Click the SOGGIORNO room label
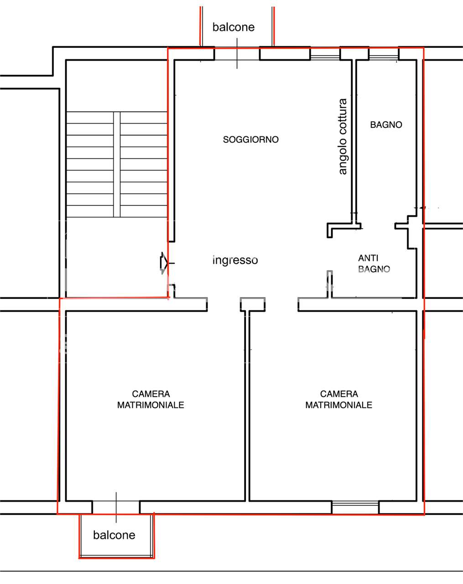[251, 140]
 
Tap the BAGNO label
[386, 125]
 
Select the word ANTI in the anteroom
[368, 258]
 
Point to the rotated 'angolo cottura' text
[343, 136]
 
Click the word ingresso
[235, 260]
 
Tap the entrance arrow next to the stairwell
[164, 263]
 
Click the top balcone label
[234, 27]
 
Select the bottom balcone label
[114, 535]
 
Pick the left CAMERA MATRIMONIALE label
[151, 399]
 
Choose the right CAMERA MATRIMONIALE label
[339, 399]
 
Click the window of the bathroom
[384, 54]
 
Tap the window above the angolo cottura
[325, 54]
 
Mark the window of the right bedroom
[355, 507]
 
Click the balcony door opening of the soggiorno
[237, 54]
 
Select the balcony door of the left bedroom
[116, 507]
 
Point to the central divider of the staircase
[117, 164]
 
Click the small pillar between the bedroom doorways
[253, 304]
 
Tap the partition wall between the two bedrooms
[247, 406]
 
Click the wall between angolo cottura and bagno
[354, 141]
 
